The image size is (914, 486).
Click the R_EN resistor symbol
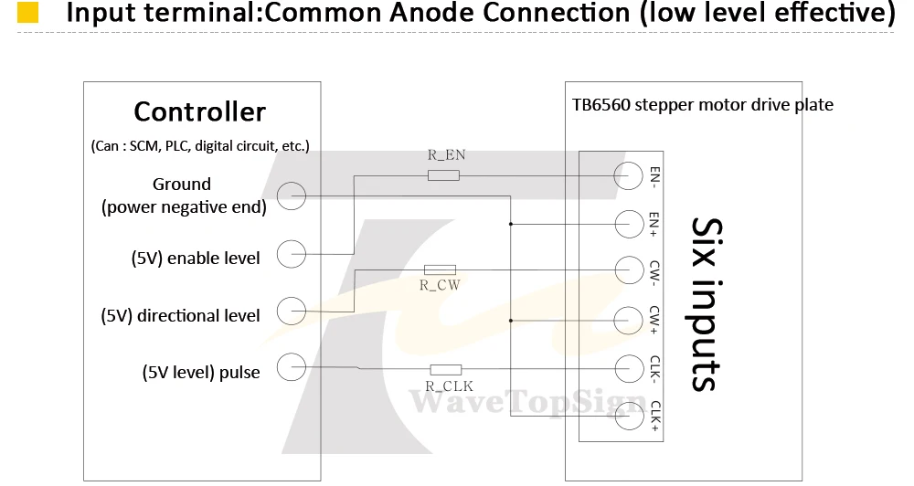pos(443,174)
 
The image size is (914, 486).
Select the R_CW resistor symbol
pos(440,269)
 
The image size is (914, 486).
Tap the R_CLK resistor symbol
pos(445,369)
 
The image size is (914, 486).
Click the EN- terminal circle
pos(629,174)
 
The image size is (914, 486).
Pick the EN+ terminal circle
pos(629,224)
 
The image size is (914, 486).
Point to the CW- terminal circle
pos(629,270)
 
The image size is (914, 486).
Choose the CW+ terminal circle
pos(629,321)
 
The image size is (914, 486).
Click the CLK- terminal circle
pos(629,369)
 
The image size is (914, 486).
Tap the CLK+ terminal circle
pos(629,416)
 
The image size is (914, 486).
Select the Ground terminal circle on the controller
pos(291,195)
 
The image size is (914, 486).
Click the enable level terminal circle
pos(291,254)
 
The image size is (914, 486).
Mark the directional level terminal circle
pos(291,312)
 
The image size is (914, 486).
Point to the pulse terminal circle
pos(291,367)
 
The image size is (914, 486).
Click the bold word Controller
pos(199,111)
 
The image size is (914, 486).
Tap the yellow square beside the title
pos(28,12)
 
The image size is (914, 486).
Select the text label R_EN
pos(447,155)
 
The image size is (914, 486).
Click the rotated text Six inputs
pos(707,304)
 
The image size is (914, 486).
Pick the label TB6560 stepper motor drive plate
pos(702,105)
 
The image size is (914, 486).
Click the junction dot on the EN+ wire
pos(511,224)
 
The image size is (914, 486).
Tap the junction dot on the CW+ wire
pos(511,321)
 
